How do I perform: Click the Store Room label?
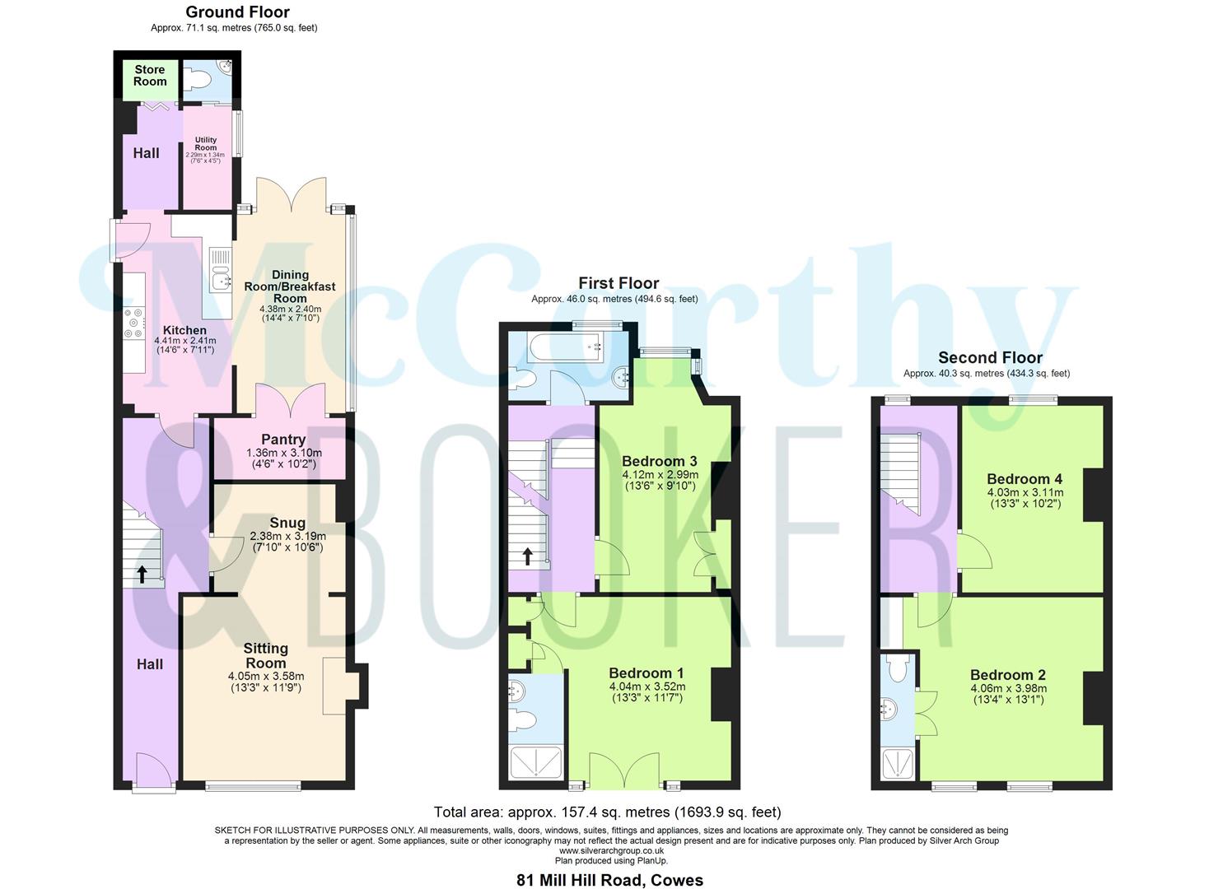(x=150, y=76)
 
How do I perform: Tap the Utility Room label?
(x=206, y=144)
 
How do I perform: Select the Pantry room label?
(x=283, y=440)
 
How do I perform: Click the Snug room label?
(x=287, y=523)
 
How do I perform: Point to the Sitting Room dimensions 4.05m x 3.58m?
(x=266, y=677)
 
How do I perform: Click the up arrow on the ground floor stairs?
(x=142, y=574)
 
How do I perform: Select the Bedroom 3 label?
(x=660, y=461)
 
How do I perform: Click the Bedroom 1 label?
(x=647, y=673)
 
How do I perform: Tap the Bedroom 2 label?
(x=1008, y=675)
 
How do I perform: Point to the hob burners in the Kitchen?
(x=134, y=323)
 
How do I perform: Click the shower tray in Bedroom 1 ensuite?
(x=535, y=762)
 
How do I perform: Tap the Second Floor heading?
(x=990, y=358)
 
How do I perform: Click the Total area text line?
(x=607, y=812)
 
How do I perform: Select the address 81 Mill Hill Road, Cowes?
(x=609, y=880)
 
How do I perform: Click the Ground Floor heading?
(x=237, y=12)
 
